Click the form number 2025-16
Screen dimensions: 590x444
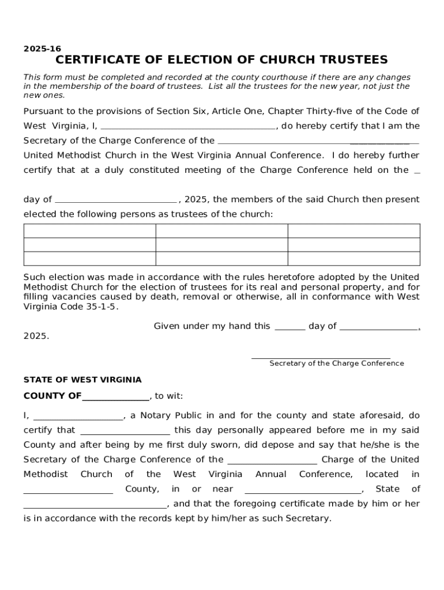[42, 49]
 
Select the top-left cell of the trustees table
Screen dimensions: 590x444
[89, 231]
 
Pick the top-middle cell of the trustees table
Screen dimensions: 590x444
[221, 231]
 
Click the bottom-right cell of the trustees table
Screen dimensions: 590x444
[353, 259]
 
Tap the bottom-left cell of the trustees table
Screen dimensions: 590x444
[89, 259]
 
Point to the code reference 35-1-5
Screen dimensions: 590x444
[101, 307]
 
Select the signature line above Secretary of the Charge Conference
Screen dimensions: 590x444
[321, 357]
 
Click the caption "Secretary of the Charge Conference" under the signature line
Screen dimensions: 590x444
[336, 364]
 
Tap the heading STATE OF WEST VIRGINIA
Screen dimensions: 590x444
[82, 380]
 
